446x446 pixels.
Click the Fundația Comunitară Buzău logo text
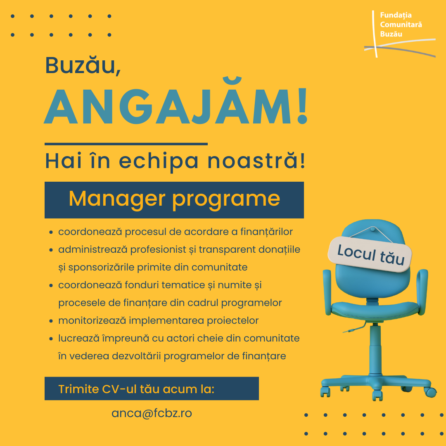(401, 24)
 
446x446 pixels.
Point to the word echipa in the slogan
(159, 161)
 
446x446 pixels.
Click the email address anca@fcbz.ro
(152, 413)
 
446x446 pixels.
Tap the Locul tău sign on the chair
(370, 254)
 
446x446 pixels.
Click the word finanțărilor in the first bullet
(266, 232)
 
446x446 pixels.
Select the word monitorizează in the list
(92, 320)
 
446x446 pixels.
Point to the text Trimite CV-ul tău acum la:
(136, 389)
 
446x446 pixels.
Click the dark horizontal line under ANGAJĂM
(126, 144)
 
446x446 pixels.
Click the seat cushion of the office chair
(375, 310)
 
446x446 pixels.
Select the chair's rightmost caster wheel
(431, 391)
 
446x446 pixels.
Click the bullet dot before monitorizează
(51, 321)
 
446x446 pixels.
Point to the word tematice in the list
(183, 285)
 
